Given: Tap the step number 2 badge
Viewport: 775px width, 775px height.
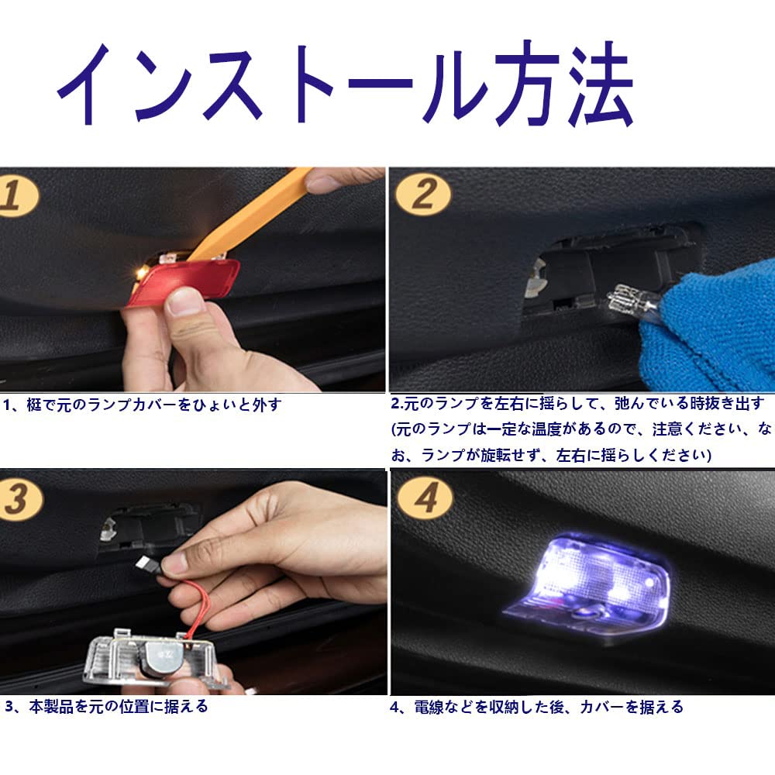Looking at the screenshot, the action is coord(423,194).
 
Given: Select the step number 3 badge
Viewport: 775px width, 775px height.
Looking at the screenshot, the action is coord(20,499).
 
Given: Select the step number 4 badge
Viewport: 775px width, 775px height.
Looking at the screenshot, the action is coord(425,498).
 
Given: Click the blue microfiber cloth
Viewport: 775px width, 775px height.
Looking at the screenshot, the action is coord(715,326).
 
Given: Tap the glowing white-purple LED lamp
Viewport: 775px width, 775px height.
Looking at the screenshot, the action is coord(593,584).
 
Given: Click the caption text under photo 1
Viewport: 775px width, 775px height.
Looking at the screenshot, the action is coord(143,405).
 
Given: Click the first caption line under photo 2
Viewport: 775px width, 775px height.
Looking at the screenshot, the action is coord(578,404).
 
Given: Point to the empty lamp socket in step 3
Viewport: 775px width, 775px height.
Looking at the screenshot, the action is coord(148,528).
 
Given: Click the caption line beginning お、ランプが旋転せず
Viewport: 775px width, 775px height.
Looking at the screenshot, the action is coord(551,455).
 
